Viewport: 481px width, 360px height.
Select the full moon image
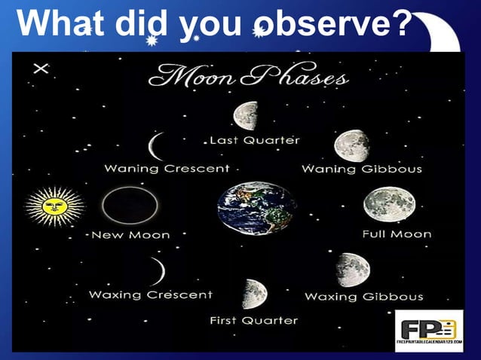388,204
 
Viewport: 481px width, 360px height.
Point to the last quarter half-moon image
247,115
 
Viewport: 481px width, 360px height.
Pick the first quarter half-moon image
255,294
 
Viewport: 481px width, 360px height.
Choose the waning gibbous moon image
351,145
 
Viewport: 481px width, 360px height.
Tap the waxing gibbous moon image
353,269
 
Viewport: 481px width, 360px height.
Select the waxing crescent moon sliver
158,271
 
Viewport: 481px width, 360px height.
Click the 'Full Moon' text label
397,234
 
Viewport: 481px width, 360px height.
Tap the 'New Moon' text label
130,235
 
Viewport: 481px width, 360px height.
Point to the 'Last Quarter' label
254,140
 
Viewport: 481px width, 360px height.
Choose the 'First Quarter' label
253,320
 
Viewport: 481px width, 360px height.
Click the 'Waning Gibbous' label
362,169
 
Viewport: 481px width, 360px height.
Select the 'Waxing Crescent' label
151,294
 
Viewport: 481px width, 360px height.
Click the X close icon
41,69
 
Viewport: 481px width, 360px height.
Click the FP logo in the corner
429,331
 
